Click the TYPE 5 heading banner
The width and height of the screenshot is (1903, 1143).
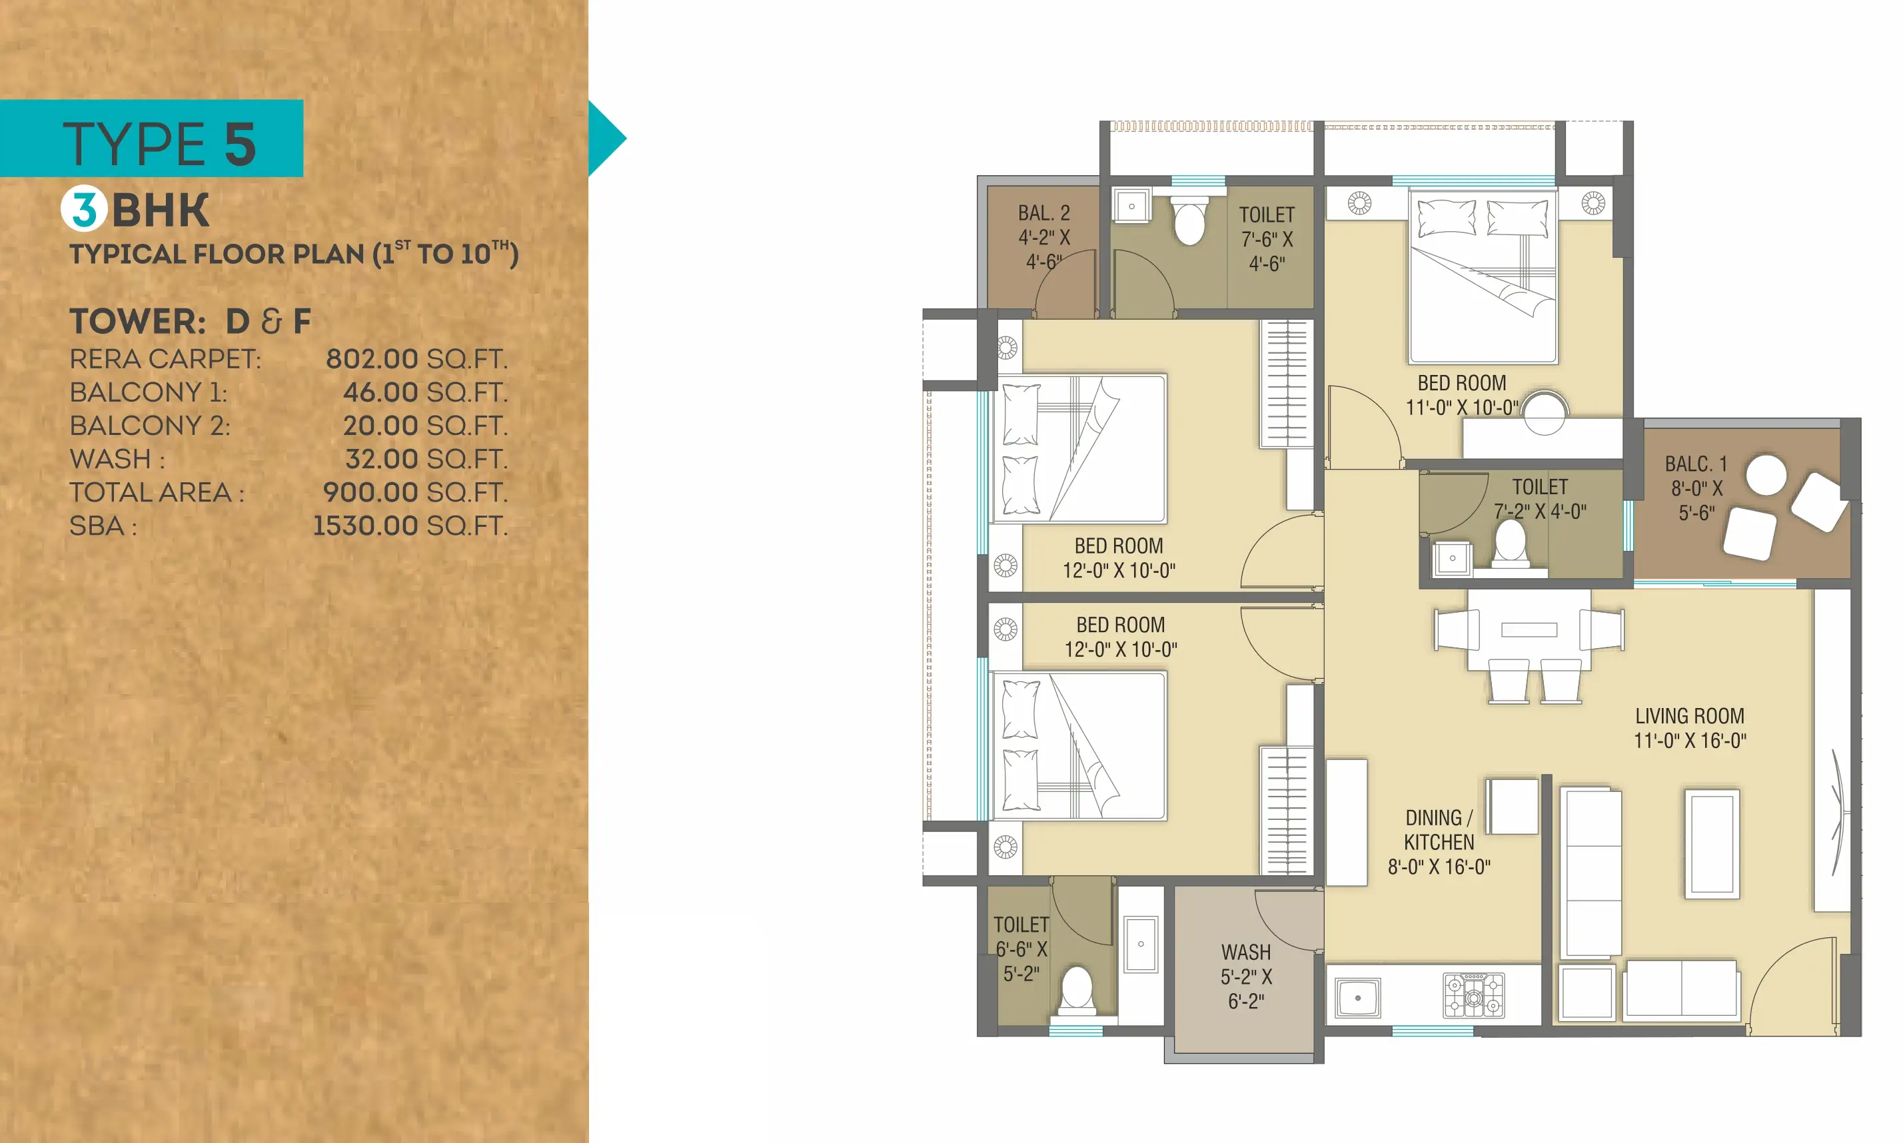152,139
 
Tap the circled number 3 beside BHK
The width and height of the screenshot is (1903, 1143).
84,210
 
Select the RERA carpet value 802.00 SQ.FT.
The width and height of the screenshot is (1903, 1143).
416,359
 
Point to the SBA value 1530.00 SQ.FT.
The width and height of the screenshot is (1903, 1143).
410,526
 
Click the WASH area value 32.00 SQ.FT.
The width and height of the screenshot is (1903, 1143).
426,459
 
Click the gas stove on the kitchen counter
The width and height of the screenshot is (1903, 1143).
1473,995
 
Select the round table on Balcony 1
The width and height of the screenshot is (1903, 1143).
1766,474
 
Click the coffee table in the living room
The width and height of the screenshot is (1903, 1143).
1711,843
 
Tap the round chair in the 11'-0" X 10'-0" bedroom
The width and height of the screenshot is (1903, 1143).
1544,414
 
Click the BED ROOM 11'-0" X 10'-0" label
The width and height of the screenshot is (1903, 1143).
1461,395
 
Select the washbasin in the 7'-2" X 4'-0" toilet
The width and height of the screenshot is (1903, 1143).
1453,558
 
